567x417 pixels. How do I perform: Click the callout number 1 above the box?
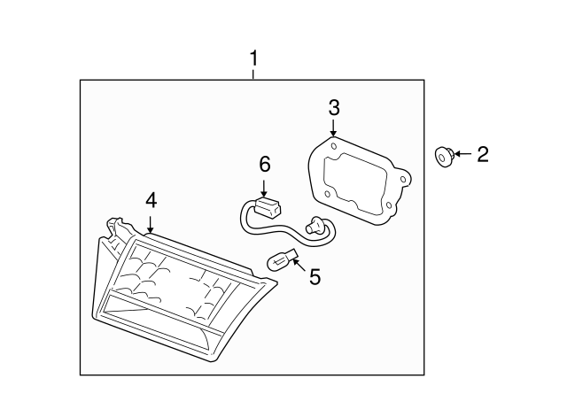point(254,58)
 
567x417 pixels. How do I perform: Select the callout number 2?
point(483,154)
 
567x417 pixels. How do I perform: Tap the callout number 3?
point(334,108)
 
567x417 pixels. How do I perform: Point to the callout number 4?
point(151,200)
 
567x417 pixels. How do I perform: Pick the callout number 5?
point(315,277)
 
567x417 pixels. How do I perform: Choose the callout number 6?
point(265,165)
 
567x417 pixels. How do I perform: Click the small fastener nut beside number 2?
point(444,157)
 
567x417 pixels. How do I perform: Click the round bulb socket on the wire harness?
point(315,226)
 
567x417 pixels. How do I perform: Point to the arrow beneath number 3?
point(333,128)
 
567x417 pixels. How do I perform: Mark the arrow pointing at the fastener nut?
point(463,154)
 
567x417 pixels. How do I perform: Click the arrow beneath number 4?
point(150,224)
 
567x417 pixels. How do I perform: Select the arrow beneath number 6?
point(264,188)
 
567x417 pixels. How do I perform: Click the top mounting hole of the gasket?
point(334,146)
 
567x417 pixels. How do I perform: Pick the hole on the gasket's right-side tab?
point(403,179)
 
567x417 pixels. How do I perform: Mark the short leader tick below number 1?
point(253,74)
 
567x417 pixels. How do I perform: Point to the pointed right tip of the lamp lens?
point(276,282)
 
